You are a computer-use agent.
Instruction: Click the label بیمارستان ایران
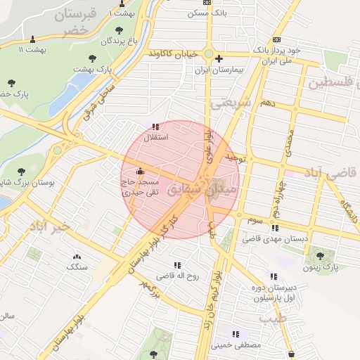coord(218,70)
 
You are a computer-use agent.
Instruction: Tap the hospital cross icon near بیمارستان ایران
coord(219,59)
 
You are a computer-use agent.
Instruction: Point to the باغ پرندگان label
coord(117,41)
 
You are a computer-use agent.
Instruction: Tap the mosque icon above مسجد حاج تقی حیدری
coord(140,170)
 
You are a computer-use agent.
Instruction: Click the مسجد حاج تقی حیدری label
coord(142,186)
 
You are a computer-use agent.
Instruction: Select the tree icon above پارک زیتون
coord(321,256)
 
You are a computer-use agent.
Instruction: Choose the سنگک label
coord(77,267)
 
